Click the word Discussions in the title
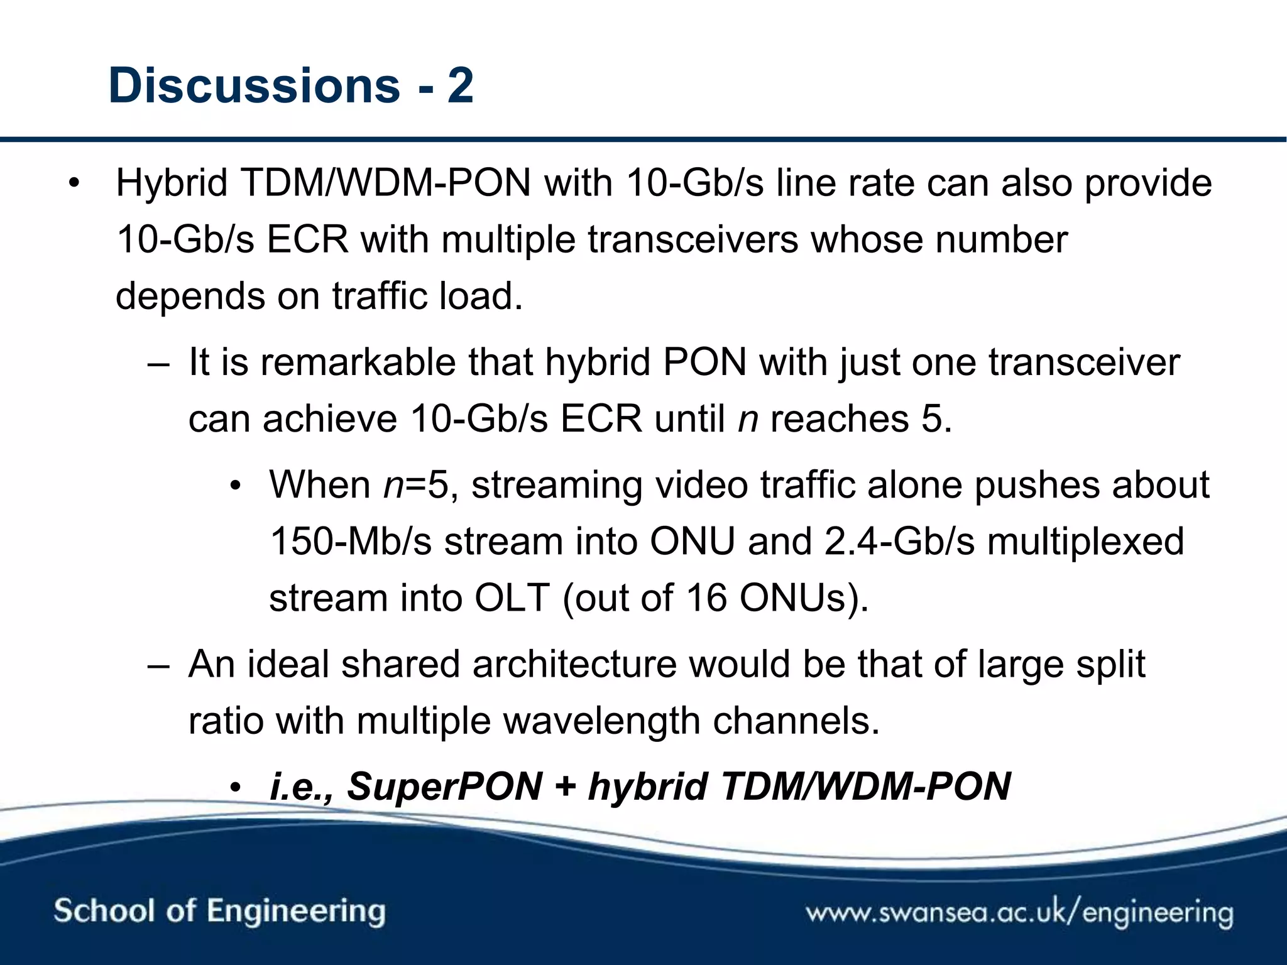[254, 85]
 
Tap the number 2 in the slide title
[460, 85]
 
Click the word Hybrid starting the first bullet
[171, 183]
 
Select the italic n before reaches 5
[748, 419]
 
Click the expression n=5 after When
[417, 485]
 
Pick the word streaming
[557, 485]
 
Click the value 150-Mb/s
[351, 542]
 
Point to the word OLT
[512, 597]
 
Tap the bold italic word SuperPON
[444, 787]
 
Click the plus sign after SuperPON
[566, 787]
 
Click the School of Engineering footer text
[219, 912]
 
